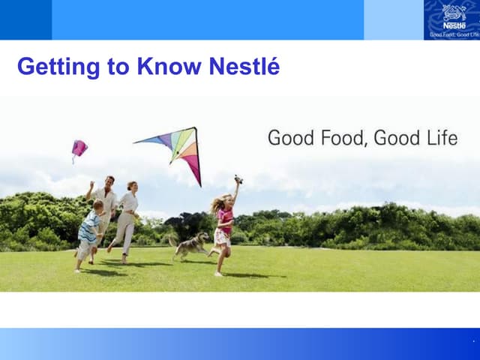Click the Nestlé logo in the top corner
[x=451, y=19]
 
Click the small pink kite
[x=79, y=148]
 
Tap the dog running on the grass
[x=191, y=245]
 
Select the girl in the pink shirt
[x=223, y=225]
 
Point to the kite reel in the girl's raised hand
[x=238, y=179]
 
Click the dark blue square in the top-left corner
[x=25, y=19]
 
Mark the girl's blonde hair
[x=218, y=204]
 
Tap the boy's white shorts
[x=85, y=249]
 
